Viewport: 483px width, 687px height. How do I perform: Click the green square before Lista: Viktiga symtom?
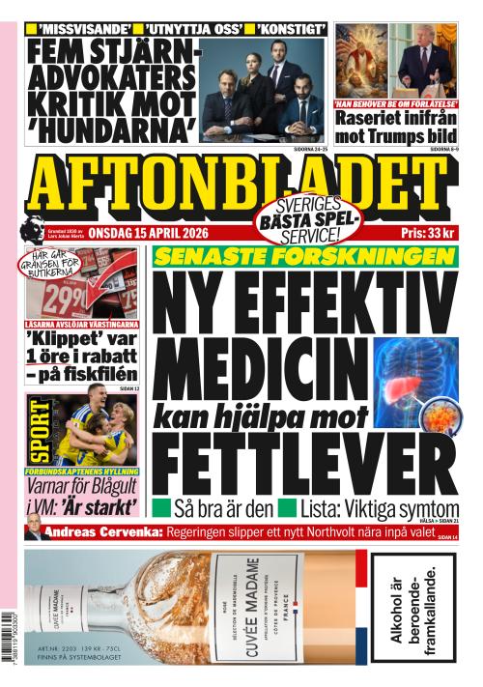coord(286,507)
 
